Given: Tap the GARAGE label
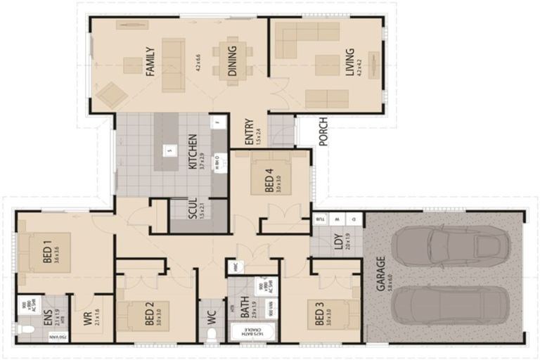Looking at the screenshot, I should click(380, 274).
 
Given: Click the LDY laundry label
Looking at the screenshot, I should click(337, 243).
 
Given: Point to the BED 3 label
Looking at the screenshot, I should click(319, 314).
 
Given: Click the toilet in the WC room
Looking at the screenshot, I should click(211, 334).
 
